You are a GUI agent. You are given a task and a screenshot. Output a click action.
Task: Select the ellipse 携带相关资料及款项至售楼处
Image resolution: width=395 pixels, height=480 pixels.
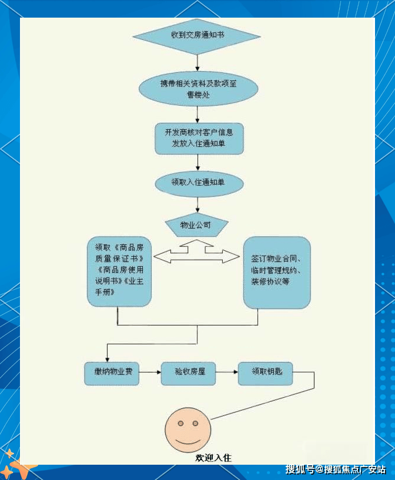pos(198,88)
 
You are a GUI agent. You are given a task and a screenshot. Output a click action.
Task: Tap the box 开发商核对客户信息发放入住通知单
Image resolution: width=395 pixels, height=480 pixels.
pos(198,138)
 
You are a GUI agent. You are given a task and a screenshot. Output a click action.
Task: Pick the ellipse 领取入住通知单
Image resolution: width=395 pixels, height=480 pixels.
pos(198,183)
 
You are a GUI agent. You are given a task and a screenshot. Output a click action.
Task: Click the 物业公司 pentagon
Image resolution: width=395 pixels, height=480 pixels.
pos(196,225)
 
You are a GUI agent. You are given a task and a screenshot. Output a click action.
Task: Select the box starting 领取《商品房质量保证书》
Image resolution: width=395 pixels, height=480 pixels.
pos(119,271)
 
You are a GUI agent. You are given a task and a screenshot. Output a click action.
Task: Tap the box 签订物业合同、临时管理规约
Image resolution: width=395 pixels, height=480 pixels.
pos(277,273)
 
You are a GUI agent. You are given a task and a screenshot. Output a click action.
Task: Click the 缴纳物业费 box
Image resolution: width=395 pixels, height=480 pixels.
pos(112,372)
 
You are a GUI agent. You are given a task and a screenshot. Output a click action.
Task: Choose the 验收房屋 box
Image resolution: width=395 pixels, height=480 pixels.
pos(188,372)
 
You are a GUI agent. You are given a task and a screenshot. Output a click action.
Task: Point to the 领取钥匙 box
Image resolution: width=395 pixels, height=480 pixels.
pos(265,372)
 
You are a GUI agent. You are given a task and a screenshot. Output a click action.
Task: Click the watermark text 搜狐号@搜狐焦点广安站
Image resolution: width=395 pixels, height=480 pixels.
pos(336,469)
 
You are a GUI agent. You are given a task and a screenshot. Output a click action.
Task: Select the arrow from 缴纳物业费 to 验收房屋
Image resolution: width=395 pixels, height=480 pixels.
pos(150,372)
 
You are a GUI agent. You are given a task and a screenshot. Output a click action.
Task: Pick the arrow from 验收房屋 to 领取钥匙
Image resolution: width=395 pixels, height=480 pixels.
pos(227,372)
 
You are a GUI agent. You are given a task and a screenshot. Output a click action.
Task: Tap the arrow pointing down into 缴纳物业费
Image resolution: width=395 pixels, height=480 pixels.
pos(107,353)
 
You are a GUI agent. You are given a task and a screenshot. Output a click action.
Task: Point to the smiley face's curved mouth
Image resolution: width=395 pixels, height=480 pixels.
pos(188,439)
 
